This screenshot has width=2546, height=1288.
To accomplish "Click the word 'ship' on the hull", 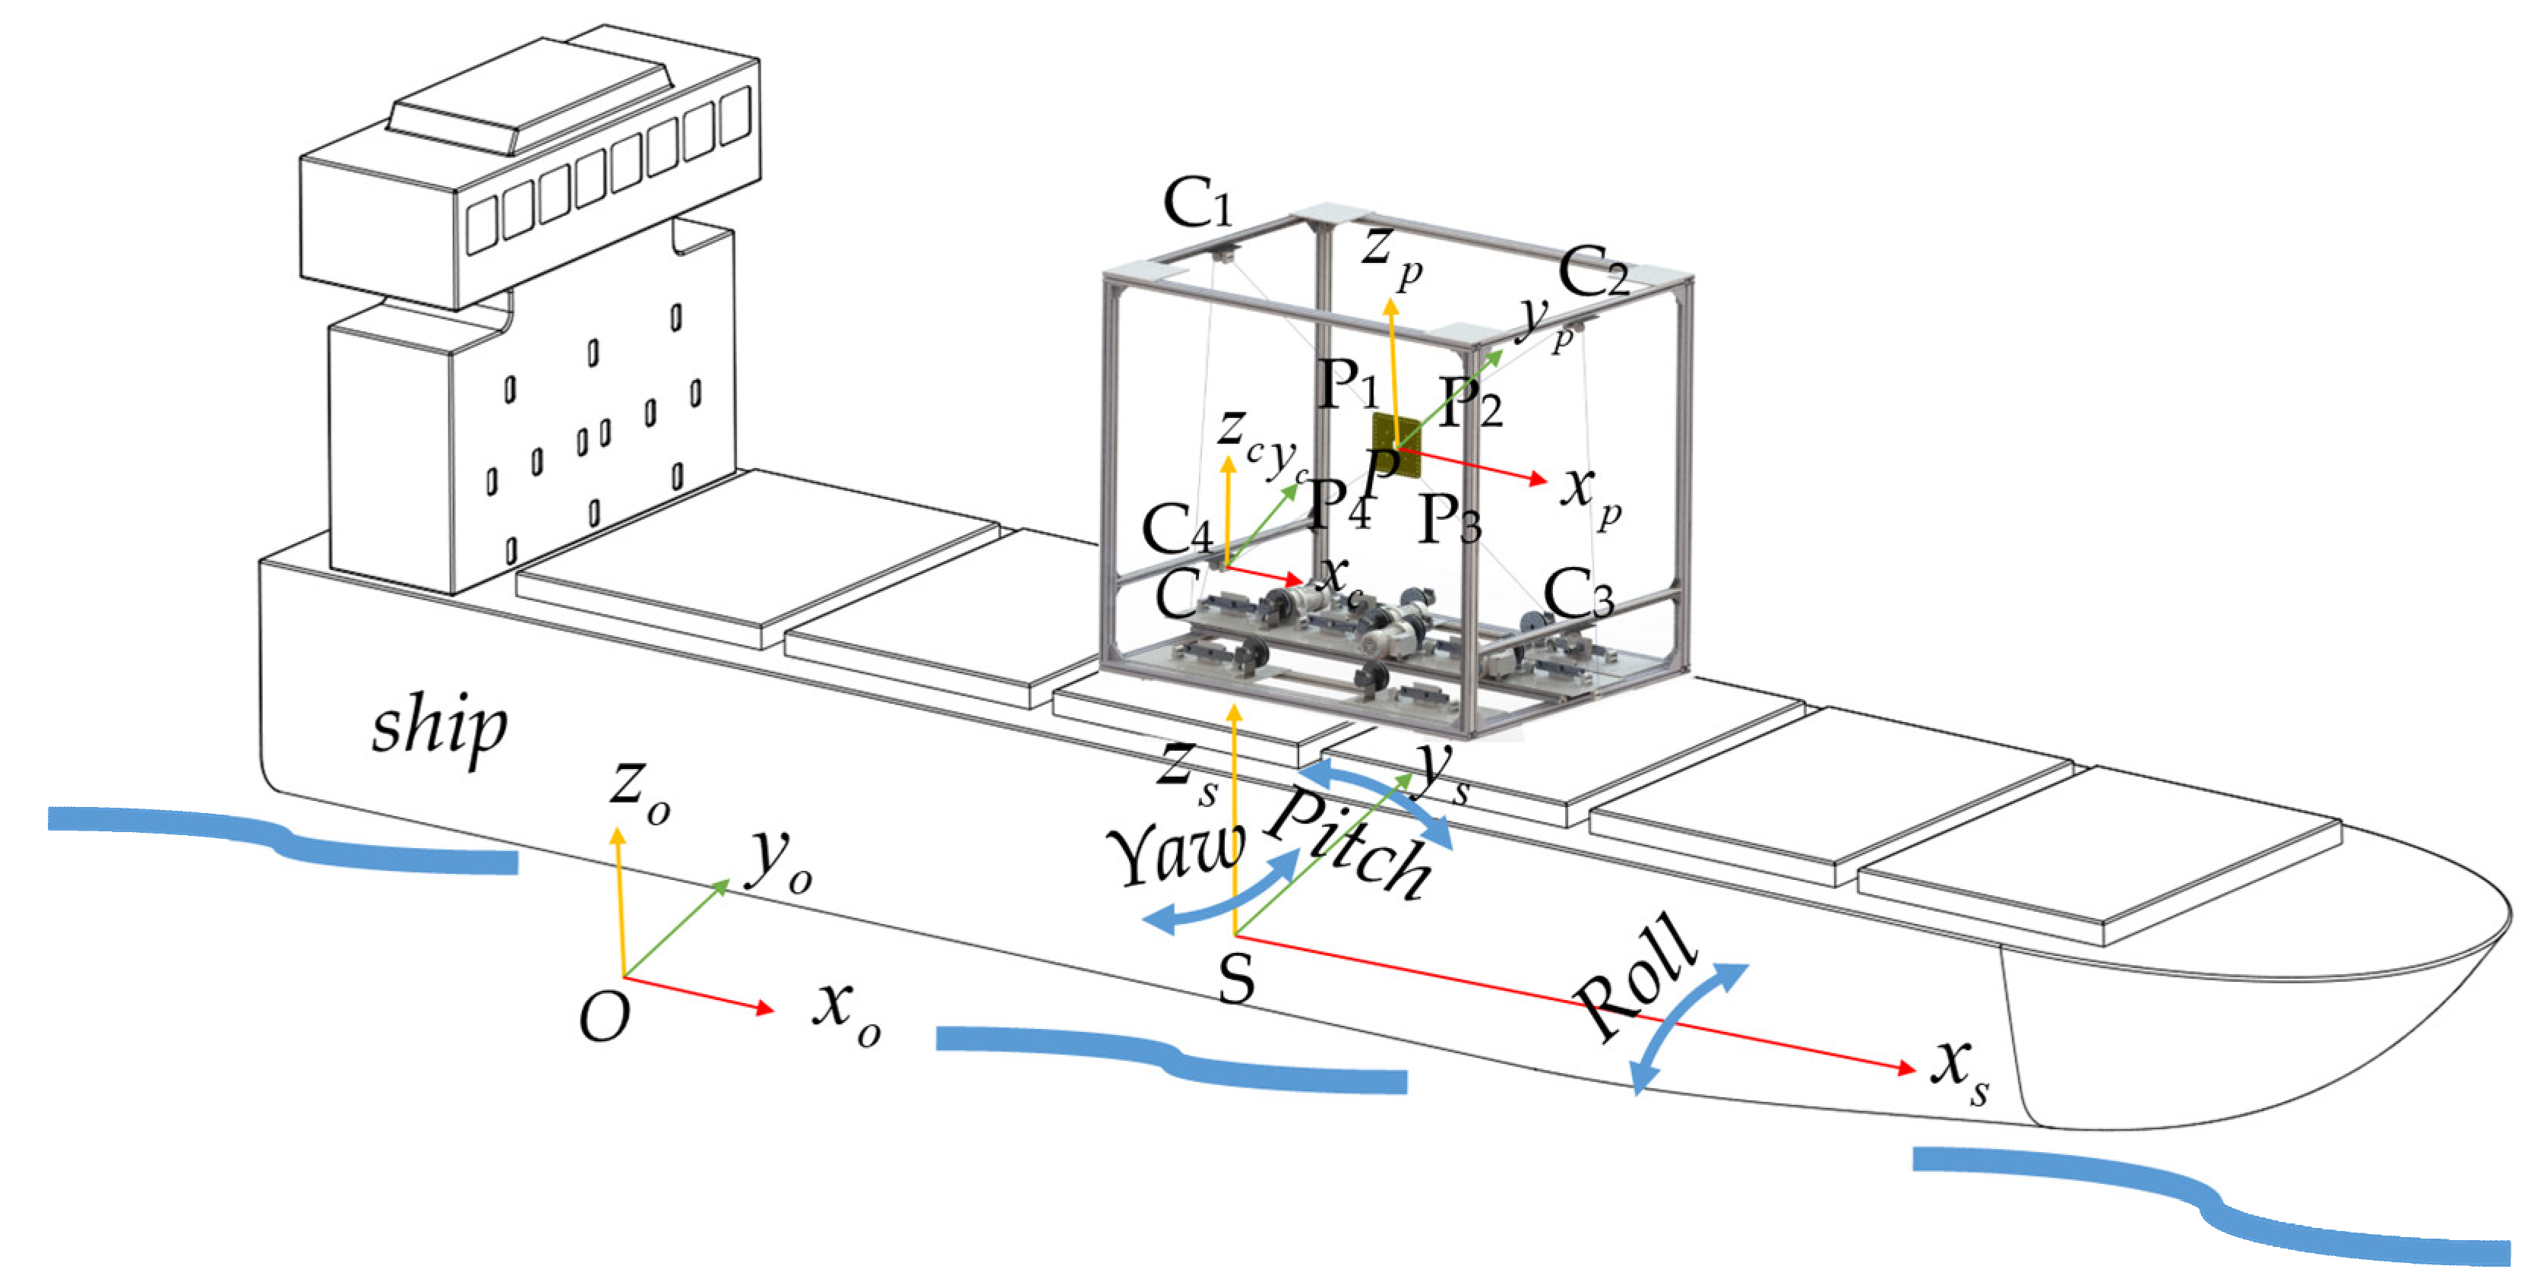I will coord(439,729).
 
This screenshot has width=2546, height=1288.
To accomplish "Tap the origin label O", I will coord(604,1017).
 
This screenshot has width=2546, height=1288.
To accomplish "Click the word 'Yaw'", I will coord(1176,851).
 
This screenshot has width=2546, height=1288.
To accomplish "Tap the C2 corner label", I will coord(1593,272).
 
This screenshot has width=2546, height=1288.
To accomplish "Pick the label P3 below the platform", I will coord(1449,518).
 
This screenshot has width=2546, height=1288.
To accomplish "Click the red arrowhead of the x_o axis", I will coord(764,1008).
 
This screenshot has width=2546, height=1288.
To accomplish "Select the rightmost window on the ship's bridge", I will coord(735,116).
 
